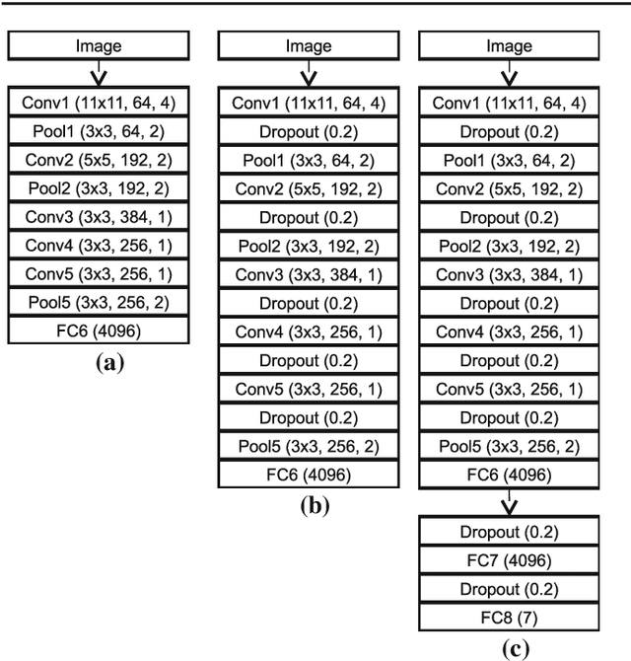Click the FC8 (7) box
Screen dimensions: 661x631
pyautogui.click(x=508, y=619)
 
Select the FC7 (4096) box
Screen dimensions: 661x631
pyautogui.click(x=508, y=561)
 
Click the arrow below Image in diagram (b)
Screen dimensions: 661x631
pyautogui.click(x=309, y=75)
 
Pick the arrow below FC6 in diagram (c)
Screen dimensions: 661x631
pyautogui.click(x=508, y=503)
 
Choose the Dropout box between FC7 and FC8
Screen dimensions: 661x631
pyautogui.click(x=508, y=590)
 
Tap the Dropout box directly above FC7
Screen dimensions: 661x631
pyautogui.click(x=508, y=533)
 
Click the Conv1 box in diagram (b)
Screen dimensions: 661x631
pyautogui.click(x=309, y=103)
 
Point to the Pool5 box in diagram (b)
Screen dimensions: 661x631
pyautogui.click(x=309, y=446)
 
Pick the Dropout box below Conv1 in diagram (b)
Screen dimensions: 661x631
pyautogui.click(x=309, y=131)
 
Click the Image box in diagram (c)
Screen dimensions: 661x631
pyautogui.click(x=508, y=45)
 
